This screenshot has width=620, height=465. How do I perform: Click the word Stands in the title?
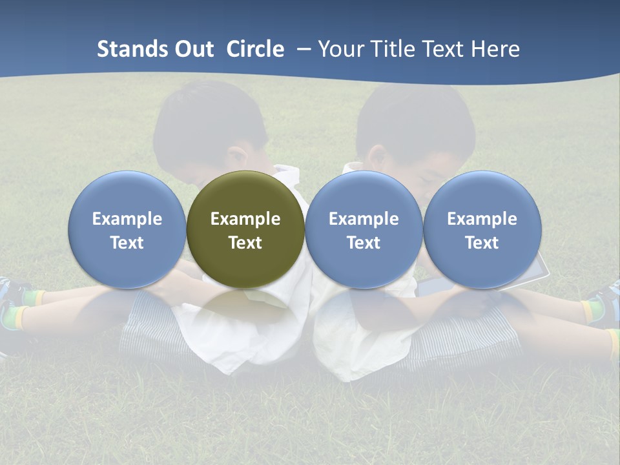(132, 49)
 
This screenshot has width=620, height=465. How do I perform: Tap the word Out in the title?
(195, 49)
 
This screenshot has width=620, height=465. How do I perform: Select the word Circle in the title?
(255, 49)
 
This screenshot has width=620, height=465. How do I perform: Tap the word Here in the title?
(494, 49)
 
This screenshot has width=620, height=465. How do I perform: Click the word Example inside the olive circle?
(245, 219)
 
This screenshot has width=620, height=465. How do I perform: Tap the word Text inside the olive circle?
(245, 243)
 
